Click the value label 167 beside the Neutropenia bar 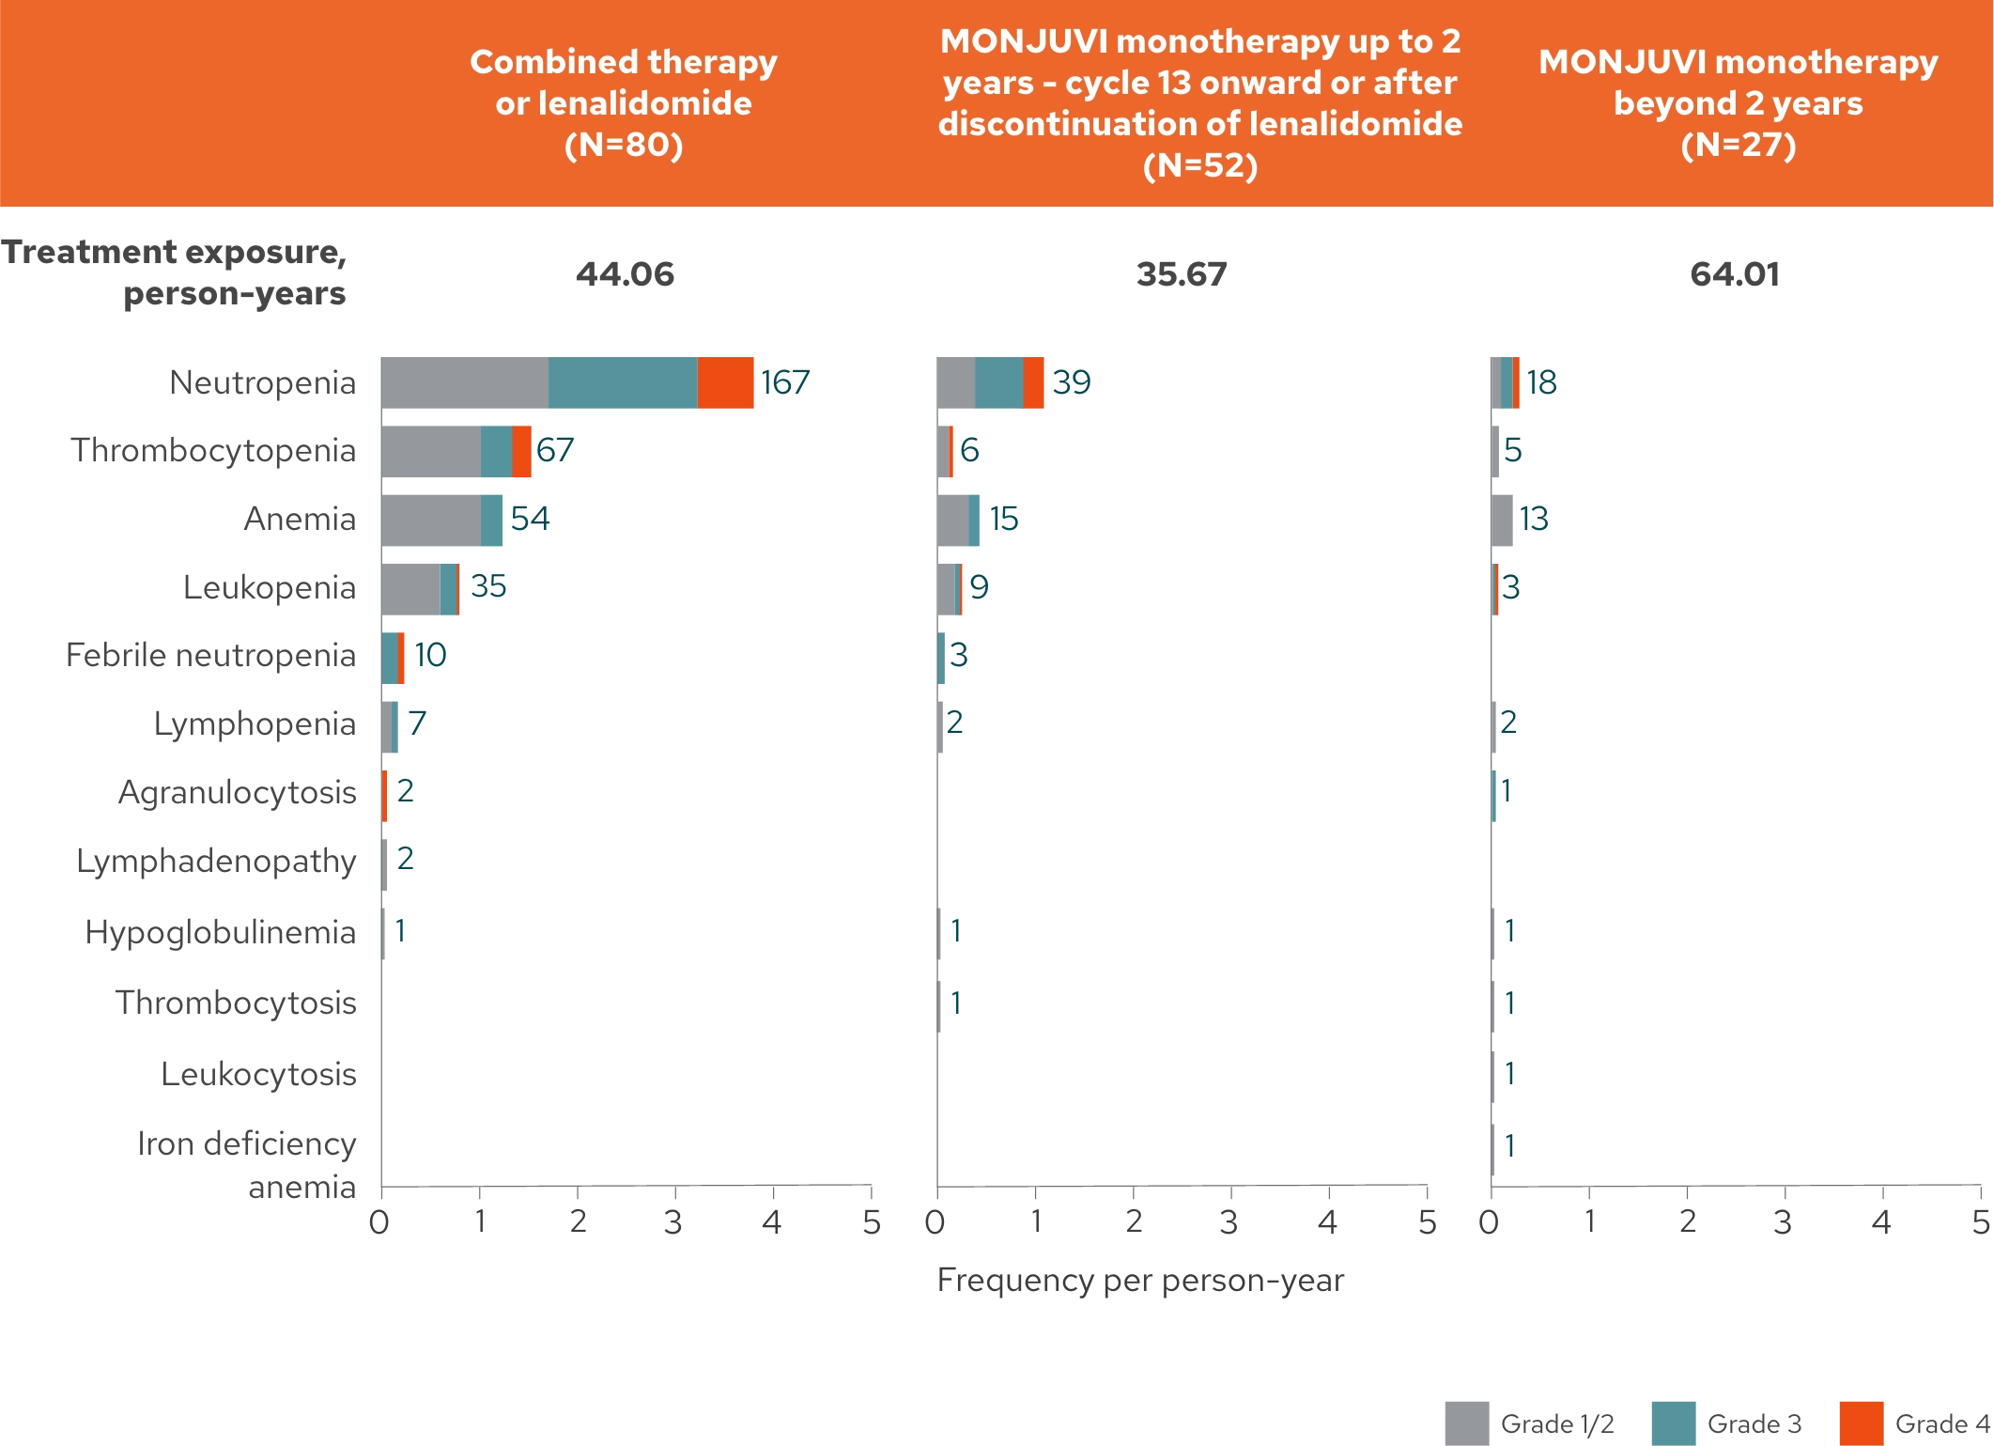pyautogui.click(x=785, y=383)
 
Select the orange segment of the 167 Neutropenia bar pyautogui.click(x=727, y=383)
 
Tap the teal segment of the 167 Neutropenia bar pyautogui.click(x=623, y=383)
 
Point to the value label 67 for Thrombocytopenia pyautogui.click(x=556, y=451)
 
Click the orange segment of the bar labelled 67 pyautogui.click(x=522, y=451)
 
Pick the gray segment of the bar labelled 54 pyautogui.click(x=431, y=519)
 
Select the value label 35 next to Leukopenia pyautogui.click(x=488, y=587)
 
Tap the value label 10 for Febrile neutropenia pyautogui.click(x=430, y=654)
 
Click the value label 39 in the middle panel pyautogui.click(x=1072, y=383)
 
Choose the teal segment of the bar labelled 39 pyautogui.click(x=999, y=383)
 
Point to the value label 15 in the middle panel pyautogui.click(x=1005, y=519)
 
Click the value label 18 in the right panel pyautogui.click(x=1542, y=383)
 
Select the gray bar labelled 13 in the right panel pyautogui.click(x=1505, y=519)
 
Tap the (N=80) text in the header pyautogui.click(x=624, y=145)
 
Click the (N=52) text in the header pyautogui.click(x=1200, y=165)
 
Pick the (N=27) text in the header pyautogui.click(x=1739, y=145)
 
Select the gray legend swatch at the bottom pyautogui.click(x=1468, y=1422)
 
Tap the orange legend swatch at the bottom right pyautogui.click(x=1861, y=1422)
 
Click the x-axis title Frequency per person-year pyautogui.click(x=1141, y=1280)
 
